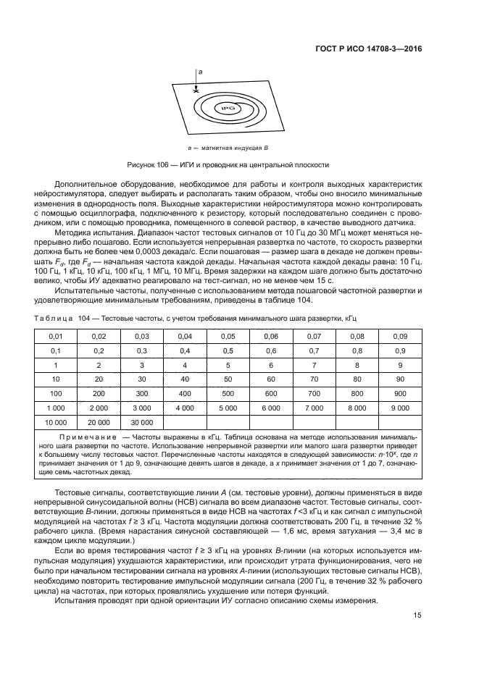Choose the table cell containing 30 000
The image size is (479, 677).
(141, 421)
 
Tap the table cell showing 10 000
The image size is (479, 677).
(55, 421)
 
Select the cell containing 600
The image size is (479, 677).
(270, 393)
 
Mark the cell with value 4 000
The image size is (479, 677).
(185, 408)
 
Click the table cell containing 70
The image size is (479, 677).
(313, 379)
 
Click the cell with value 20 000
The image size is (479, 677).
(99, 421)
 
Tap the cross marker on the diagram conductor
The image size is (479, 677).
(196, 91)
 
